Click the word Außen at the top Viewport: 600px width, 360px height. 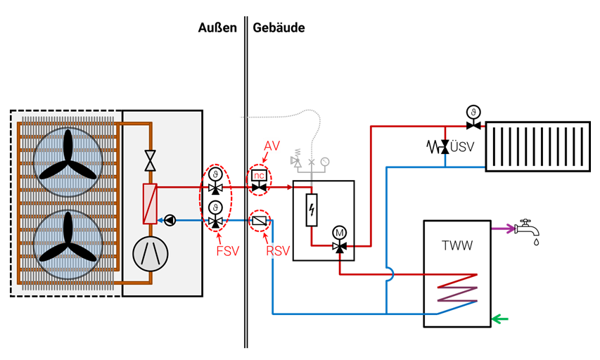pos(217,27)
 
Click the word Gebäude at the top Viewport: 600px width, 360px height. pos(279,27)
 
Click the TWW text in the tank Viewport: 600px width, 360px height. pos(457,246)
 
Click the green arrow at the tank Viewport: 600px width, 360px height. pos(499,319)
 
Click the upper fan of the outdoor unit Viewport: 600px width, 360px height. pos(68,155)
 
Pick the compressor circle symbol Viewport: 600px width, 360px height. pos(150,253)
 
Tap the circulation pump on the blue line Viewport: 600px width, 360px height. pos(170,220)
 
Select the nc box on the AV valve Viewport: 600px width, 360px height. pos(260,175)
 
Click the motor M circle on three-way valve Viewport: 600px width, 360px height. pos(340,233)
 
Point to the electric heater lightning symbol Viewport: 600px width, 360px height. pos(312,210)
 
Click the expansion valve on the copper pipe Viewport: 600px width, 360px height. pos(150,160)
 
